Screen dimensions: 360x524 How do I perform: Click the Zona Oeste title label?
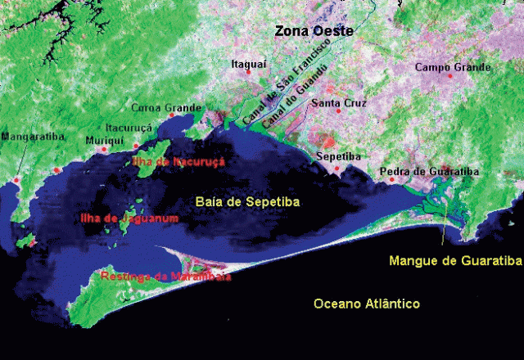(x=314, y=31)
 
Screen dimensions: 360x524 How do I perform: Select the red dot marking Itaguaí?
(x=249, y=73)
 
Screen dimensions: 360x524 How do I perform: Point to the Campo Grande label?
(x=453, y=67)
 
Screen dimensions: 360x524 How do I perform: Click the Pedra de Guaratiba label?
(x=429, y=172)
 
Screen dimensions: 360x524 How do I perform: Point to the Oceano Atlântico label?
(x=367, y=304)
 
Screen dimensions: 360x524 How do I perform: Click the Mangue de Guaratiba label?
(x=455, y=261)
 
